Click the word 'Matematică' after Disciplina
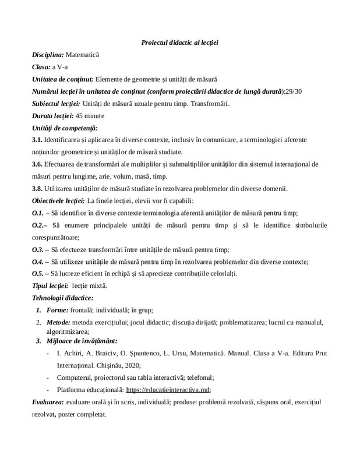[x=83, y=55]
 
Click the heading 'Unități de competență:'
[x=65, y=128]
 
